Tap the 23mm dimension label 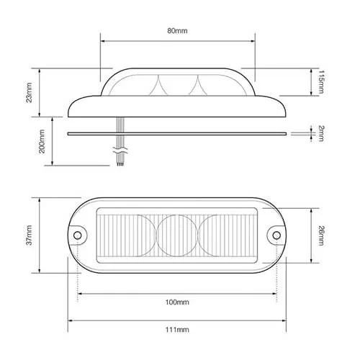[x=30, y=91]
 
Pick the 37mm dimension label [x=30, y=234]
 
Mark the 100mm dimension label [x=176, y=303]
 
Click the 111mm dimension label [x=176, y=329]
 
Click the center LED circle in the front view [x=176, y=235]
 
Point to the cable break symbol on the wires [x=120, y=152]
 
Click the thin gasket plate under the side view [x=176, y=133]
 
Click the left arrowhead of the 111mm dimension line [x=71, y=320]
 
